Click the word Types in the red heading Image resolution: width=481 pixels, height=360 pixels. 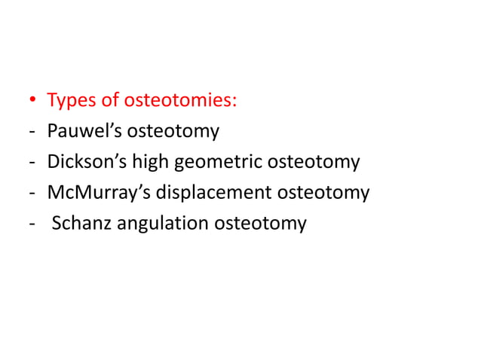(70, 101)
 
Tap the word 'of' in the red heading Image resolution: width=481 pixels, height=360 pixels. (107, 100)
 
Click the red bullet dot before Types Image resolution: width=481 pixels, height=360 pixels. (33, 101)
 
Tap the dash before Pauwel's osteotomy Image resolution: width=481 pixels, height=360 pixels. (32, 133)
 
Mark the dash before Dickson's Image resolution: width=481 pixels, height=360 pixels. (32, 163)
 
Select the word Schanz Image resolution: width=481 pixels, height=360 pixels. (80, 224)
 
